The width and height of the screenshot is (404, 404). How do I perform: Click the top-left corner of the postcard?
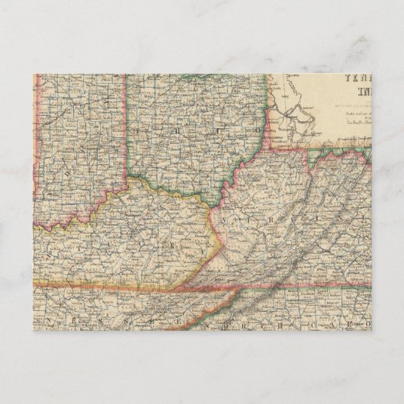point(34,74)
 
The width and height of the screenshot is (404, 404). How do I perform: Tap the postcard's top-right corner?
point(370,74)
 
